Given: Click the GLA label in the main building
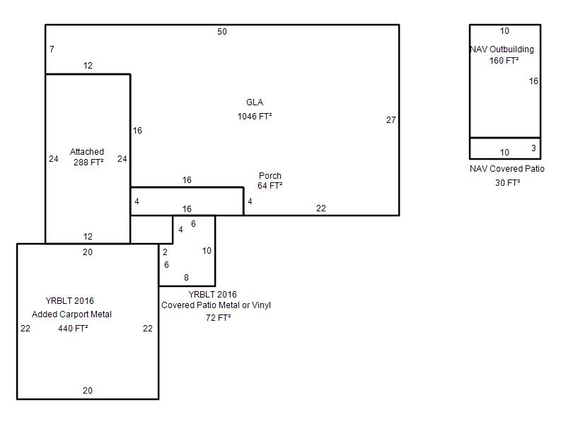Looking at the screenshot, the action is pos(255,102).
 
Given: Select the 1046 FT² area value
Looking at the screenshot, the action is pos(255,117).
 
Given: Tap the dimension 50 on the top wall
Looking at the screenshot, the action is pos(222,32).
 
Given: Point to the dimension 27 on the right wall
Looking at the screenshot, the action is pos(391,120).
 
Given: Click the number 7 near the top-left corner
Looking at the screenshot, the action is pos(52,49).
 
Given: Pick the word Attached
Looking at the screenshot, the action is pos(87,152).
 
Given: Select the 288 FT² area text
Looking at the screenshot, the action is pos(88,163).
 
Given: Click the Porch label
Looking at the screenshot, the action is pos(270,176).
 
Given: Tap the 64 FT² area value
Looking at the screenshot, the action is pos(270,186).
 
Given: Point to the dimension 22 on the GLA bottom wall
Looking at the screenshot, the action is pos(321,208).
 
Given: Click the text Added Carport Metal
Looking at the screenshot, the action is pos(71,314).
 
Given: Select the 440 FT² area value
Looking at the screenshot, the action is pos(73,329).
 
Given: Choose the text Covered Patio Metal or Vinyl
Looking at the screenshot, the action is pos(216,305).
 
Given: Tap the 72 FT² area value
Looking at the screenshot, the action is pos(219,317).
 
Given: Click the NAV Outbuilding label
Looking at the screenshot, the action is pos(502,49).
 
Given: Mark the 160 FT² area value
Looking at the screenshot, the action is pos(504,61).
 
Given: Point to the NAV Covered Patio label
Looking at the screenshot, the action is pos(507,169).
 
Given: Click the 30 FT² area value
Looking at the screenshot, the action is pos(507,183).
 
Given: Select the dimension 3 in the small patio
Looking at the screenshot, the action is pos(533,148).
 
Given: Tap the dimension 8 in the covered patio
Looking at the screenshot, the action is pos(186,278).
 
